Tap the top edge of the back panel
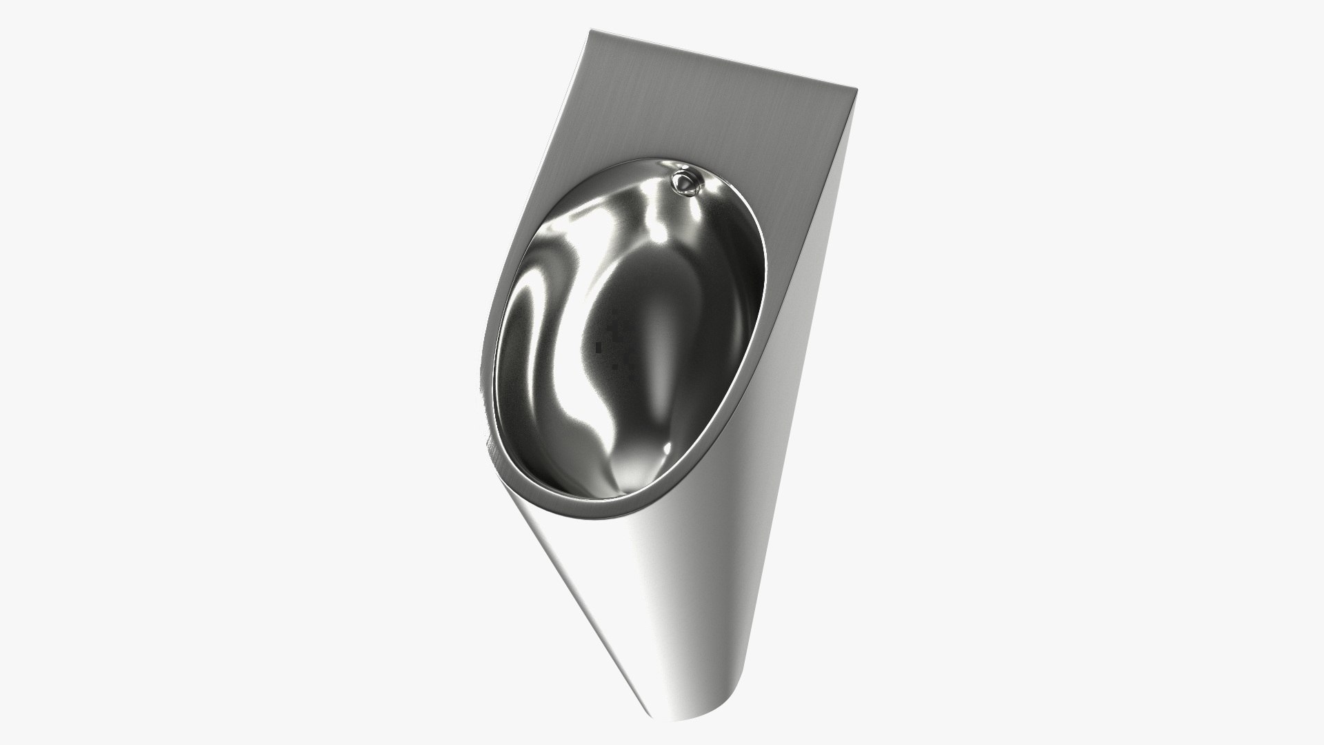(724, 59)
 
